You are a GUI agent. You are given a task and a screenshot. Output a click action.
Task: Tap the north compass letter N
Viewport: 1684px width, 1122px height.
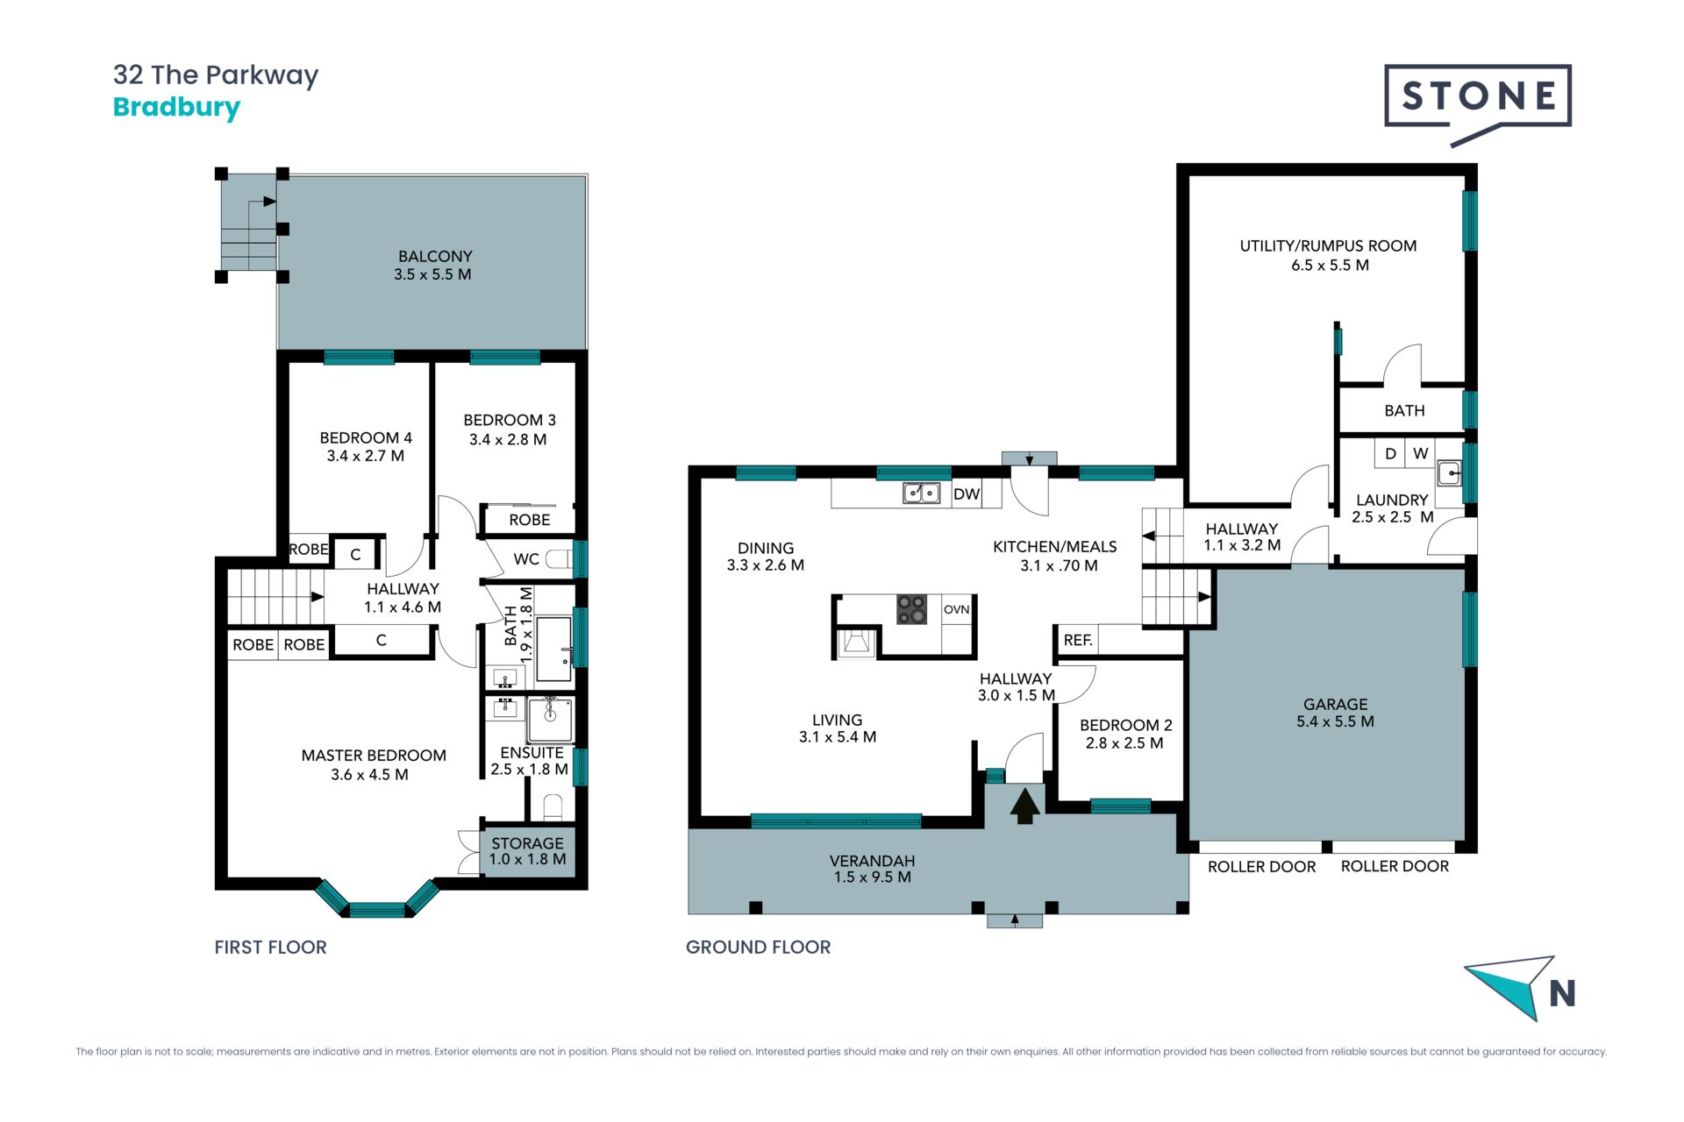pyautogui.click(x=1562, y=993)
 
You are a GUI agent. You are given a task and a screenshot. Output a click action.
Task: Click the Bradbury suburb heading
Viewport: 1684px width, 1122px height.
pyautogui.click(x=176, y=108)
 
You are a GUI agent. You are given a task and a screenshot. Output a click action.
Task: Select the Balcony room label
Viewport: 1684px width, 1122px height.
pyautogui.click(x=435, y=256)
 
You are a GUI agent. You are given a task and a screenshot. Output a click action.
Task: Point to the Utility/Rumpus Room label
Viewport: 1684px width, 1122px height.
pyautogui.click(x=1328, y=245)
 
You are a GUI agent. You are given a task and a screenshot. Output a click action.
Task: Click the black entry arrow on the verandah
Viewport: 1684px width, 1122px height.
pyautogui.click(x=1024, y=806)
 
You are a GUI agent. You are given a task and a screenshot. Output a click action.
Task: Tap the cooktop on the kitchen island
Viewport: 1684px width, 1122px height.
pyautogui.click(x=912, y=609)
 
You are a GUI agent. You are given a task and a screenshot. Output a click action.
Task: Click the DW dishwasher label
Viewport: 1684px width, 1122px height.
pyautogui.click(x=967, y=494)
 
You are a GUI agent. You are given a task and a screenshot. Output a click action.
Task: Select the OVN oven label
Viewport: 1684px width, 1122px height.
pyautogui.click(x=957, y=609)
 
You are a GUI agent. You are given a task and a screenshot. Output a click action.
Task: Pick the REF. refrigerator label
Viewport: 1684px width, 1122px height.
pyautogui.click(x=1078, y=640)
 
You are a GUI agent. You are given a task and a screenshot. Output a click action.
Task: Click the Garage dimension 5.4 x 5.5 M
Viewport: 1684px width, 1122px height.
pyautogui.click(x=1335, y=721)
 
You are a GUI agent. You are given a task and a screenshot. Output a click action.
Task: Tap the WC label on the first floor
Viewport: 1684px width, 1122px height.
pyautogui.click(x=526, y=559)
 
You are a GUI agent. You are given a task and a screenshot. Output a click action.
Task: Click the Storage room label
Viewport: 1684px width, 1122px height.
pyautogui.click(x=527, y=843)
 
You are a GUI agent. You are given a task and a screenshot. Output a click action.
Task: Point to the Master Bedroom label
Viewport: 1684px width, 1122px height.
pyautogui.click(x=374, y=756)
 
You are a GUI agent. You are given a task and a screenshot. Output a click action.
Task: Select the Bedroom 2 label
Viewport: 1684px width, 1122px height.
pyautogui.click(x=1125, y=725)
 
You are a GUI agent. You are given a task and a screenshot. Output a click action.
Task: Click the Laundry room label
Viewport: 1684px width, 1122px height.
pyautogui.click(x=1392, y=500)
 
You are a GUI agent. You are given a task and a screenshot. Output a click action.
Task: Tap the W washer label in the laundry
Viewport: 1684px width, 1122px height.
pyautogui.click(x=1421, y=453)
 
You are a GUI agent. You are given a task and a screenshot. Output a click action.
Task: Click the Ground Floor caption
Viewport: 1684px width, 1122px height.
pyautogui.click(x=758, y=947)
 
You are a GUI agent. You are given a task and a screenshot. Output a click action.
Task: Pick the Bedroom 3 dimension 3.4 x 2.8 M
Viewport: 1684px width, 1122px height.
pyautogui.click(x=508, y=439)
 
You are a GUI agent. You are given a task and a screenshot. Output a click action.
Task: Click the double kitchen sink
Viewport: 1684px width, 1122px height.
pyautogui.click(x=922, y=494)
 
